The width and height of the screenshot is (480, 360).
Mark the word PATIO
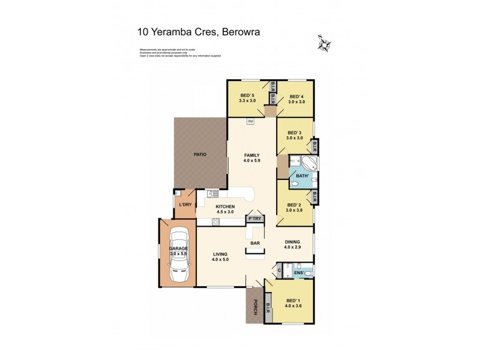200,155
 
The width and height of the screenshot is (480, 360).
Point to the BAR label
255,243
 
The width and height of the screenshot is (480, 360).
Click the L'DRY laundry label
185,205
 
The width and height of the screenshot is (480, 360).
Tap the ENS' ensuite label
298,273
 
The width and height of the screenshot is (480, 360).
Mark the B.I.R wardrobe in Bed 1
267,312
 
